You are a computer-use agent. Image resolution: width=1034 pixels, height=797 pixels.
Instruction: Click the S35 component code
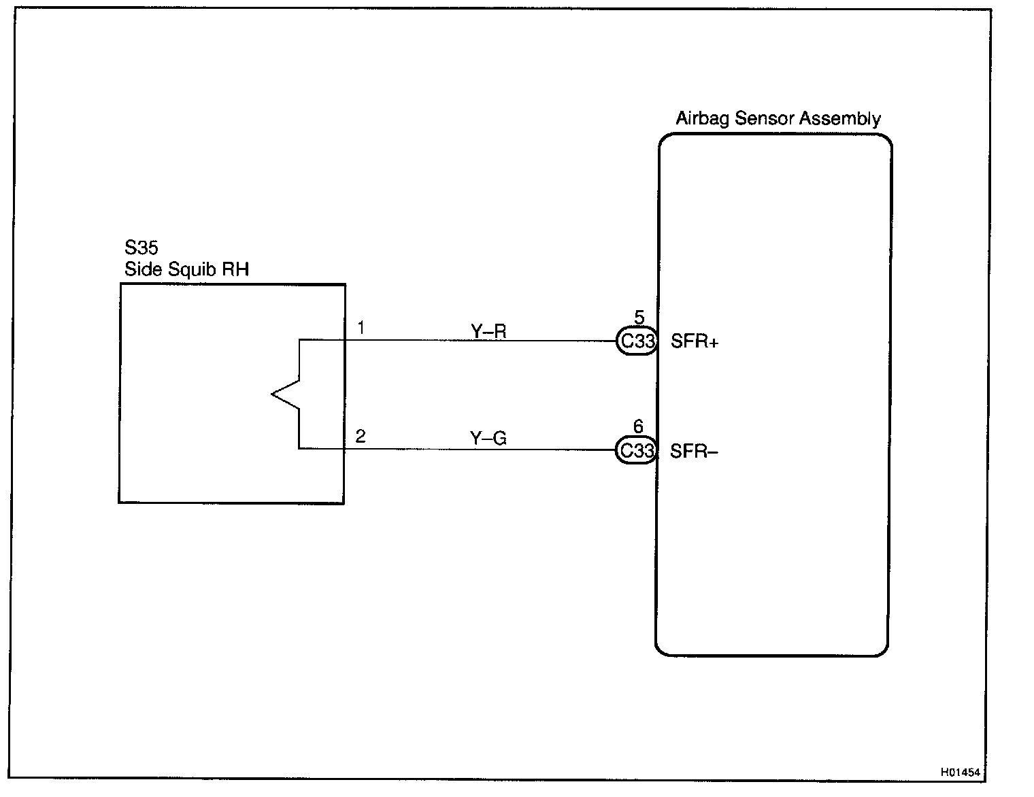tap(141, 248)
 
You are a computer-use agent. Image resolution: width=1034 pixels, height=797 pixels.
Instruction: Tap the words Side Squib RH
tap(186, 269)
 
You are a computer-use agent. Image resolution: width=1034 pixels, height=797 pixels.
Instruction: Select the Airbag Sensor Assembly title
tap(778, 119)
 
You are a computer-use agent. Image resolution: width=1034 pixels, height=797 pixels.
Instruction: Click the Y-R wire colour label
tap(488, 331)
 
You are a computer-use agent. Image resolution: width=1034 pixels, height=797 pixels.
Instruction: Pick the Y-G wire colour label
tap(488, 439)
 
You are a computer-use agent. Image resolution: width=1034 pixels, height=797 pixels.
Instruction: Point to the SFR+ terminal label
tap(695, 341)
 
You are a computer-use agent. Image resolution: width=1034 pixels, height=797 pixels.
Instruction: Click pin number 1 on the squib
tap(361, 328)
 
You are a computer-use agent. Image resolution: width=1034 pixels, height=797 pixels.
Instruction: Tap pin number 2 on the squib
tap(361, 437)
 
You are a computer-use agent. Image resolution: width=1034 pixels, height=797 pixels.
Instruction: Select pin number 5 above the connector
tap(639, 317)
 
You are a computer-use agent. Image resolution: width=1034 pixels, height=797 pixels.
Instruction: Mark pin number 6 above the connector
tap(638, 426)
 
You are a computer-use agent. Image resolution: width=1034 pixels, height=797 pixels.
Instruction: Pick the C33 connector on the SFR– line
tap(637, 450)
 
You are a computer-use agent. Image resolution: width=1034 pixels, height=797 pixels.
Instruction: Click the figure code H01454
tap(960, 773)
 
